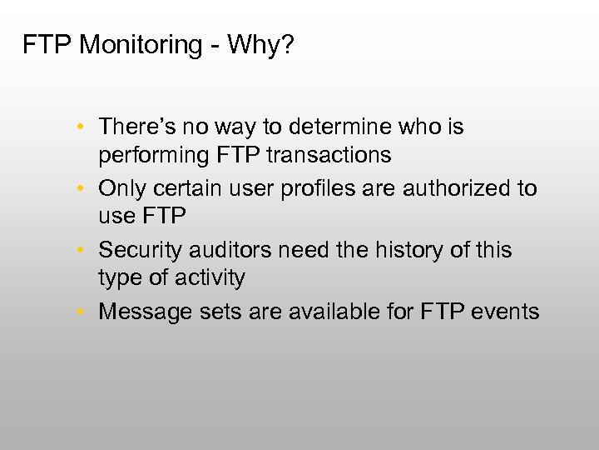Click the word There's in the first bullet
point(134,127)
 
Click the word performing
point(149,155)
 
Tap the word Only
point(120,188)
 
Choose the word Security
point(137,250)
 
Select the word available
point(316,312)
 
